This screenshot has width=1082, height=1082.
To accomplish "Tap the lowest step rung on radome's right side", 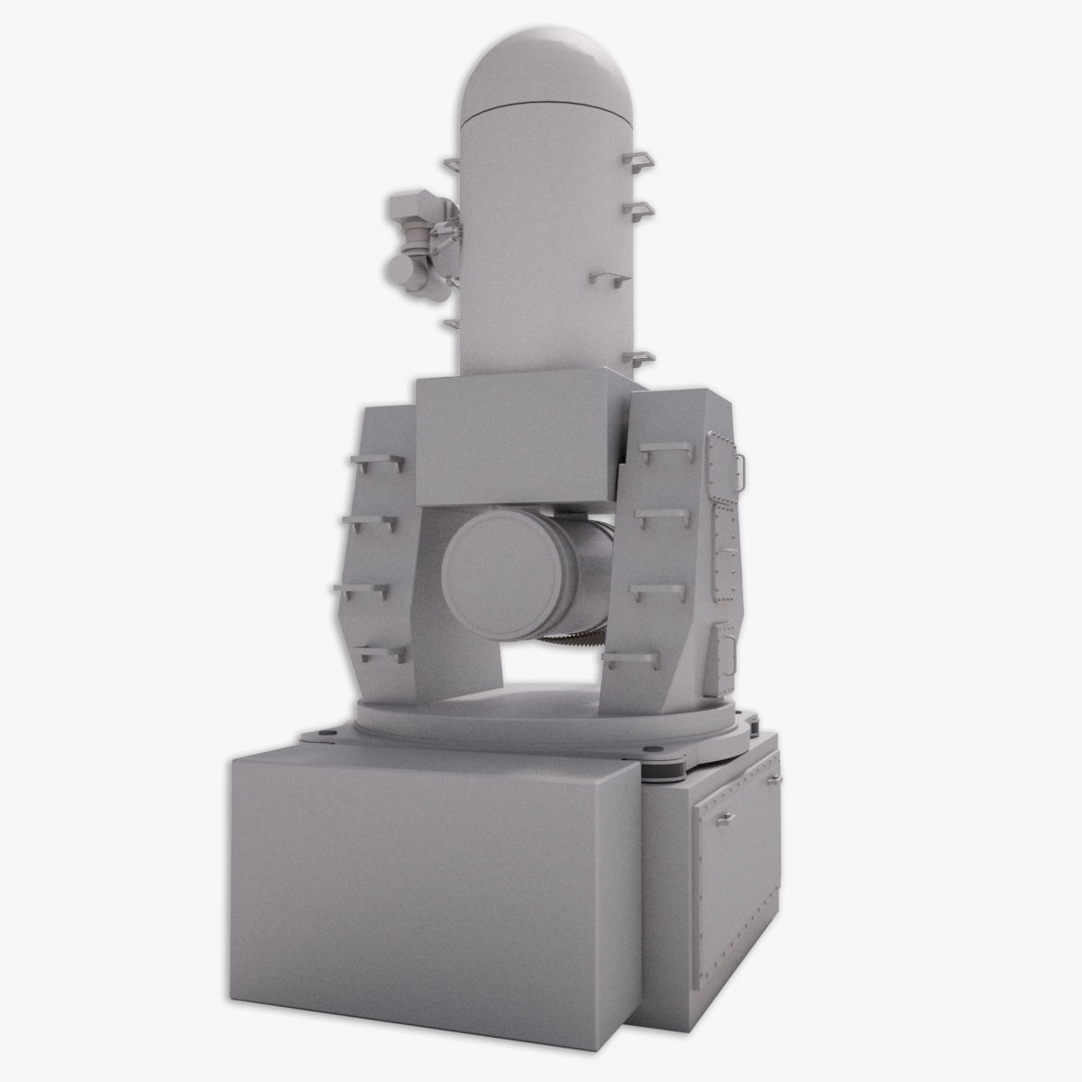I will point(637,359).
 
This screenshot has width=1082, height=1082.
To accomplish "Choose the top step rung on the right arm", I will point(658,448).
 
